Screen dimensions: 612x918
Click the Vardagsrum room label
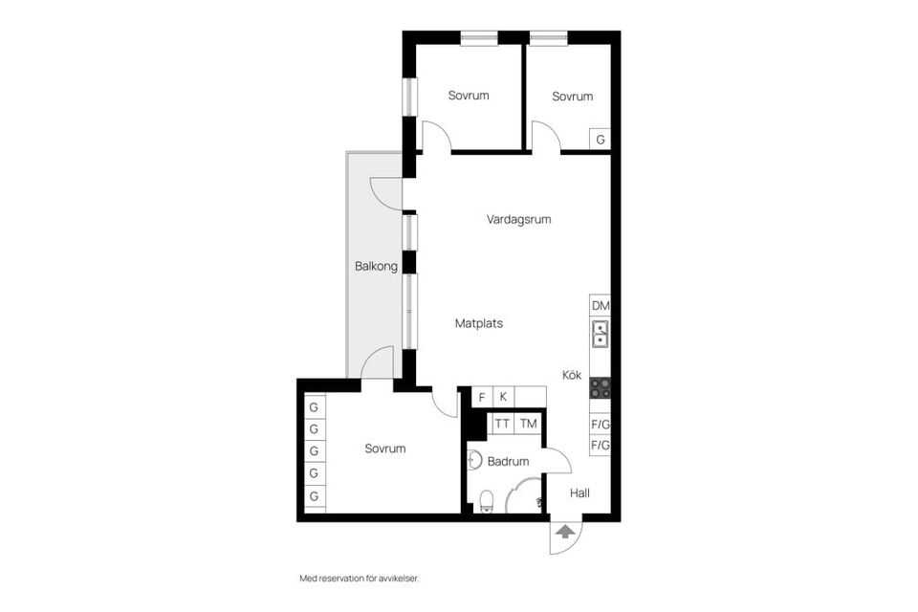click(518, 219)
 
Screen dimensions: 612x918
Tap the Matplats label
click(478, 323)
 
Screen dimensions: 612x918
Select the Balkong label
click(376, 267)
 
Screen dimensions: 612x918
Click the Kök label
click(572, 376)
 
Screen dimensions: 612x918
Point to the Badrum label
click(508, 461)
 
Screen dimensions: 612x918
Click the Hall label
click(579, 493)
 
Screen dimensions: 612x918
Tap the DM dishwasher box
click(601, 306)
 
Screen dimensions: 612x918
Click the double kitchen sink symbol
click(601, 334)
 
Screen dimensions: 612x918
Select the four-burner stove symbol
click(601, 388)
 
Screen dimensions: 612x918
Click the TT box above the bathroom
click(502, 423)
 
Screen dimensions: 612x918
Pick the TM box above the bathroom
click(528, 423)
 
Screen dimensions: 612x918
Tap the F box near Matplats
click(482, 397)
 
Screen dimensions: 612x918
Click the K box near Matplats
click(503, 397)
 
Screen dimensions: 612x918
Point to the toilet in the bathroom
click(486, 501)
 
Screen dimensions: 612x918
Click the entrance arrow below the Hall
click(565, 533)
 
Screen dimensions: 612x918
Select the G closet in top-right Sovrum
click(601, 140)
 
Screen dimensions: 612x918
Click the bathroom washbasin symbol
click(472, 460)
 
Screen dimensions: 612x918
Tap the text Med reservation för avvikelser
click(360, 579)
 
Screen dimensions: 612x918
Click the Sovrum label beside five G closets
click(385, 448)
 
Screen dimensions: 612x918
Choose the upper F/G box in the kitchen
click(601, 424)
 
